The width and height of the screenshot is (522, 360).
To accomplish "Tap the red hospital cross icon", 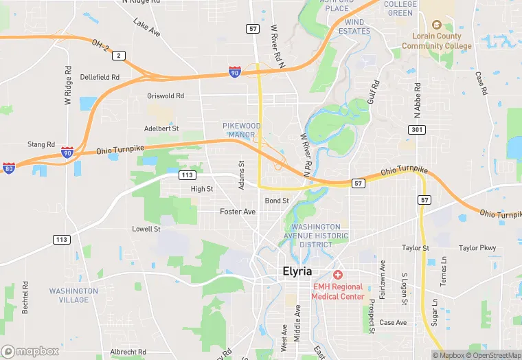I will click(337, 274).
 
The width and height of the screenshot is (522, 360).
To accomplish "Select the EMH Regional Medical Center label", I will click(337, 291).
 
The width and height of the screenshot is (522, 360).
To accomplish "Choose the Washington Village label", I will click(69, 295).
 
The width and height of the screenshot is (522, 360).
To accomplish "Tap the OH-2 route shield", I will click(119, 55).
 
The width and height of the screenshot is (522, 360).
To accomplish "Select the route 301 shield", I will click(416, 129).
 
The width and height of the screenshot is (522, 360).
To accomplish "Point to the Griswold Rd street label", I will click(166, 96).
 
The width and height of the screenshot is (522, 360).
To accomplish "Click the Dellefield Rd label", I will click(100, 77).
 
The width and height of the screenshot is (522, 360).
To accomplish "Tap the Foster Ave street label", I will click(238, 212).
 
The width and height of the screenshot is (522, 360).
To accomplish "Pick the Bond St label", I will click(277, 201).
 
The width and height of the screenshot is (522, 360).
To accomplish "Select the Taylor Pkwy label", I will click(477, 248).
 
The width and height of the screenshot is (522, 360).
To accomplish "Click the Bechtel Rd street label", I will click(25, 297).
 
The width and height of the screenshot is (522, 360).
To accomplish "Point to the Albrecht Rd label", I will click(128, 352).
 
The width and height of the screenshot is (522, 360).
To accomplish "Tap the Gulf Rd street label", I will click(374, 94).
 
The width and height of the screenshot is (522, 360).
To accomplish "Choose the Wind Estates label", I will click(354, 26).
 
